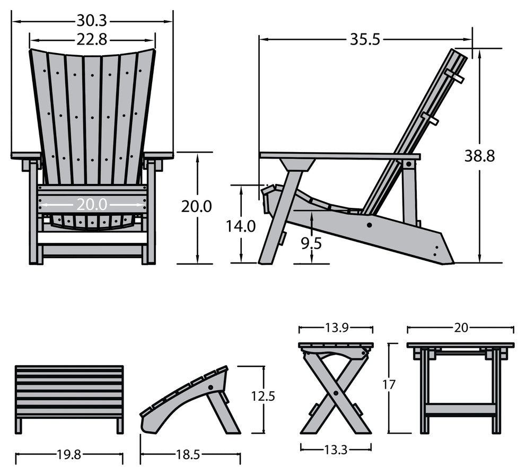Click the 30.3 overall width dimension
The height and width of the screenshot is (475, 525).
click(x=92, y=21)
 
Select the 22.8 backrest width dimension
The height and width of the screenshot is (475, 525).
click(x=92, y=39)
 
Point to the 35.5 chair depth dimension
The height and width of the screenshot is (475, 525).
click(x=365, y=39)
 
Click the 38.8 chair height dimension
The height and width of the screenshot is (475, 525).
click(x=479, y=156)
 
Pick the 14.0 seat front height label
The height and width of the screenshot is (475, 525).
click(x=241, y=226)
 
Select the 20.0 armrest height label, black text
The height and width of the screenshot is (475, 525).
click(x=196, y=206)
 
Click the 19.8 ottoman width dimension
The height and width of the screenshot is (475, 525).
click(x=69, y=454)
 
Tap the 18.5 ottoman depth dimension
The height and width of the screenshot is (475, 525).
click(x=190, y=454)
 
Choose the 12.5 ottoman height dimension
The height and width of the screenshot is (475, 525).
click(x=263, y=396)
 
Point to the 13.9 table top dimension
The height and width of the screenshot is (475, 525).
click(x=336, y=328)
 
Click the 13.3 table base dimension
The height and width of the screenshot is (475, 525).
click(x=336, y=450)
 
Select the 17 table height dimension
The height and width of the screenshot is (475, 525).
click(x=389, y=385)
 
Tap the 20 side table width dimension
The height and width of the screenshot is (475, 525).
click(x=460, y=328)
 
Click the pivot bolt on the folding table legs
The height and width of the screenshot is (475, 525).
click(x=336, y=393)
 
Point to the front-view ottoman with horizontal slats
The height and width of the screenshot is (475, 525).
click(x=69, y=392)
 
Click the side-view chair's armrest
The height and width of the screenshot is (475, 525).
click(x=339, y=156)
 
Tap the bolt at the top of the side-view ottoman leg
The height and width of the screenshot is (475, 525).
click(x=212, y=388)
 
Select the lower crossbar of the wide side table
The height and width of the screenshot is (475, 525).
click(x=460, y=409)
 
